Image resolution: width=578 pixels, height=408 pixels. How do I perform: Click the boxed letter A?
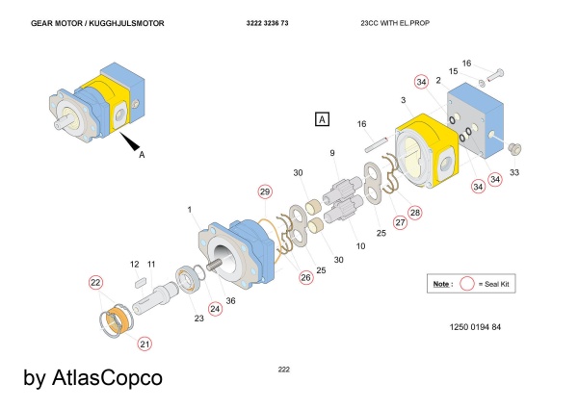(323, 119)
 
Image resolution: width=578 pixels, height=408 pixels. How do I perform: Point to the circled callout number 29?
(266, 192)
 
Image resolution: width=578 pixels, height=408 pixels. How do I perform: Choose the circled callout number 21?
(144, 343)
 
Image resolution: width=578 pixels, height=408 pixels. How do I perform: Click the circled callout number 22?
(95, 283)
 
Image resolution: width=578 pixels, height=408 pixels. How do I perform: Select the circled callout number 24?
(214, 309)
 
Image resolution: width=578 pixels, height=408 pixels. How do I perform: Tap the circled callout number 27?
(399, 222)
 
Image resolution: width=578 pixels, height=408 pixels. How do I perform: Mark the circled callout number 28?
(415, 212)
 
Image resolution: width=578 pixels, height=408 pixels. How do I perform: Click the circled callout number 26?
(304, 278)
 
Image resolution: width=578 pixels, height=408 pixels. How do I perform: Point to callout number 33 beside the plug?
(514, 172)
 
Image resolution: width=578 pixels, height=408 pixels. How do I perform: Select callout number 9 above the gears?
(332, 153)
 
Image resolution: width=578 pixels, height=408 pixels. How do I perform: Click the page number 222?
(283, 370)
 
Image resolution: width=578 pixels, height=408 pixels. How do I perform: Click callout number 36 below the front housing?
(229, 300)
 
